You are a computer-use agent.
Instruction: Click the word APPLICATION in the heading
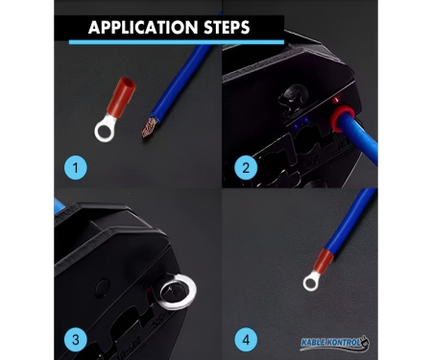pyautogui.click(x=143, y=27)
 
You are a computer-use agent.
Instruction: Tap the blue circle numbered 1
pyautogui.click(x=76, y=167)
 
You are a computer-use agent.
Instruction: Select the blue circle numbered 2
pyautogui.click(x=246, y=167)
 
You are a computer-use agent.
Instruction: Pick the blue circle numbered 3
pyautogui.click(x=76, y=339)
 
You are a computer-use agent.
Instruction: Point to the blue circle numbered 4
pyautogui.click(x=246, y=339)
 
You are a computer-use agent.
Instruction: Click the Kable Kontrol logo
pyautogui.click(x=335, y=343)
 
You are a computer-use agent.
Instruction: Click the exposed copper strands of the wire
pyautogui.click(x=150, y=128)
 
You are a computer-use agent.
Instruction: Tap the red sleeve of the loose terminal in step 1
pyautogui.click(x=121, y=96)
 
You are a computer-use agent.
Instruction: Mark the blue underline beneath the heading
pyautogui.click(x=177, y=42)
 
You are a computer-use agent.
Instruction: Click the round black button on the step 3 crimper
pyautogui.click(x=102, y=286)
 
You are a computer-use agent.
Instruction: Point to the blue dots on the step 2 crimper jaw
pyautogui.click(x=300, y=123)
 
